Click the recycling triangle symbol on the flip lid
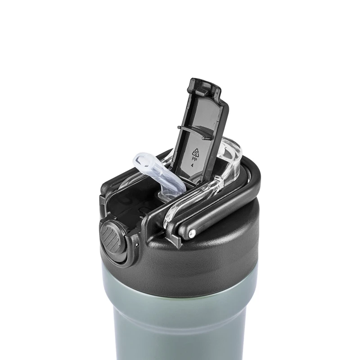(x=196, y=152)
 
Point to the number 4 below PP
(x=192, y=165)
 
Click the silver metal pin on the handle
(x=192, y=233)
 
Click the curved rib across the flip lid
(x=193, y=132)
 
